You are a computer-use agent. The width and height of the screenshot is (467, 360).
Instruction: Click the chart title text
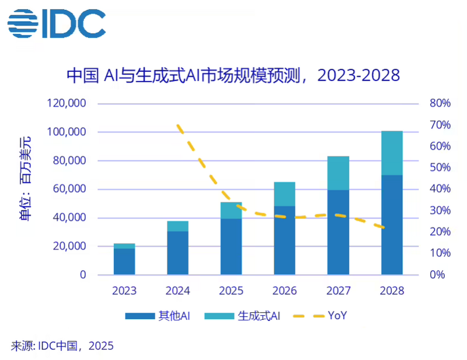pyautogui.click(x=233, y=75)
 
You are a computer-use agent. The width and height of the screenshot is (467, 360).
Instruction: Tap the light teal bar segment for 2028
pyautogui.click(x=392, y=153)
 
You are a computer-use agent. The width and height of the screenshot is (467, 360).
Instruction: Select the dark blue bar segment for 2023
pyautogui.click(x=124, y=261)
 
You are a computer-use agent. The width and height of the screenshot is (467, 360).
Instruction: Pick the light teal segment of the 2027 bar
pyautogui.click(x=338, y=173)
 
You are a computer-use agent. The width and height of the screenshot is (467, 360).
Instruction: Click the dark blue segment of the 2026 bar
pyautogui.click(x=284, y=240)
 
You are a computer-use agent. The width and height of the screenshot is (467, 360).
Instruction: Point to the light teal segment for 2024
pyautogui.click(x=177, y=226)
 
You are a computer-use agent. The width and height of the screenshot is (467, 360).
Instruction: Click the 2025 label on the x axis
pyautogui.click(x=231, y=291)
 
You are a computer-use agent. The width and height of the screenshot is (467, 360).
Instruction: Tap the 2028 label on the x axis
pyautogui.click(x=392, y=291)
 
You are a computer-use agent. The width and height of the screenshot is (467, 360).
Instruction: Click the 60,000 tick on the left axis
pyautogui.click(x=69, y=189)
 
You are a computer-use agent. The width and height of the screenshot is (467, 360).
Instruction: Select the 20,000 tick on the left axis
pyautogui.click(x=69, y=246)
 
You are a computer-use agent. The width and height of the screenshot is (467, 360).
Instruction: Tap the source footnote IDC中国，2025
pyautogui.click(x=62, y=346)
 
